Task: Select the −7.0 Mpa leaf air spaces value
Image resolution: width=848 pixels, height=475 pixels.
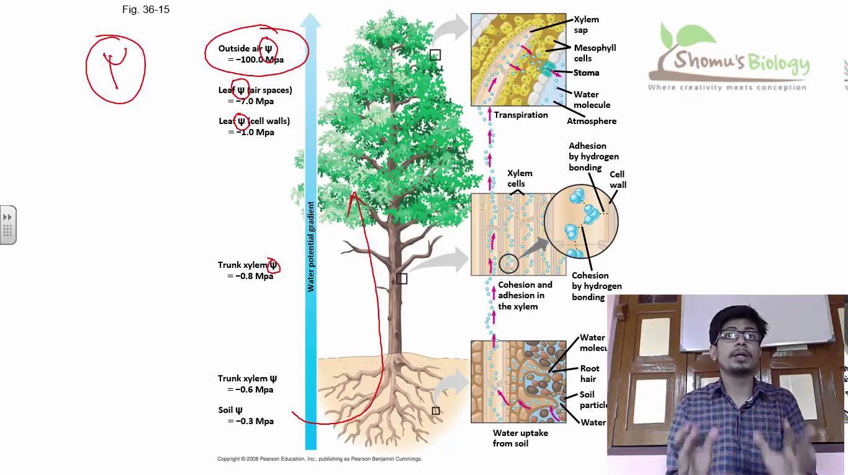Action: pyautogui.click(x=251, y=101)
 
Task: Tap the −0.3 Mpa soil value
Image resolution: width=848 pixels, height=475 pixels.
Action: pyautogui.click(x=251, y=421)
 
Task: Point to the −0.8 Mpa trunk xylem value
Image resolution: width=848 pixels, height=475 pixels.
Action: pyautogui.click(x=251, y=276)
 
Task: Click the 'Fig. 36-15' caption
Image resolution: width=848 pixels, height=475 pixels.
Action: pyautogui.click(x=146, y=10)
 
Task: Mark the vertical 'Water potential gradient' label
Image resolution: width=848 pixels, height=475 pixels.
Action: pyautogui.click(x=311, y=246)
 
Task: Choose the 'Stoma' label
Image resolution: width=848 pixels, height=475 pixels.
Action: pyautogui.click(x=586, y=73)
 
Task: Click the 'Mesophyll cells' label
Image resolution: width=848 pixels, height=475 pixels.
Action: pyautogui.click(x=594, y=53)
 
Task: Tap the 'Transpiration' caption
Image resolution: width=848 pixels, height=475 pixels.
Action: pyautogui.click(x=521, y=115)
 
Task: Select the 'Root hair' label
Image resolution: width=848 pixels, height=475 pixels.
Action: pyautogui.click(x=590, y=373)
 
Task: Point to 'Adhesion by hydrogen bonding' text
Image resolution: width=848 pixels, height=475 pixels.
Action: pyautogui.click(x=593, y=156)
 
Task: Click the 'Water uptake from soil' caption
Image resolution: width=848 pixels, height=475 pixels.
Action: pyautogui.click(x=520, y=438)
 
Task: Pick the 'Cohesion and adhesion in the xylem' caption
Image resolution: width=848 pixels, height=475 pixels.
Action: pyautogui.click(x=525, y=296)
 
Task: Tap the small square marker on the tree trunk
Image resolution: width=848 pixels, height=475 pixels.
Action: pyautogui.click(x=402, y=279)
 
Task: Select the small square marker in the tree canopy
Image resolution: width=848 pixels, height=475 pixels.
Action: pyautogui.click(x=435, y=55)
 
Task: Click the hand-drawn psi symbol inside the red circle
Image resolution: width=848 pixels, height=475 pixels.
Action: pyautogui.click(x=115, y=65)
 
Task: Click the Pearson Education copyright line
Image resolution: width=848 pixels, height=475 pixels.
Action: pyautogui.click(x=319, y=459)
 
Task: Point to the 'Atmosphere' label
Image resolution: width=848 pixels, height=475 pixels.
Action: pyautogui.click(x=591, y=121)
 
